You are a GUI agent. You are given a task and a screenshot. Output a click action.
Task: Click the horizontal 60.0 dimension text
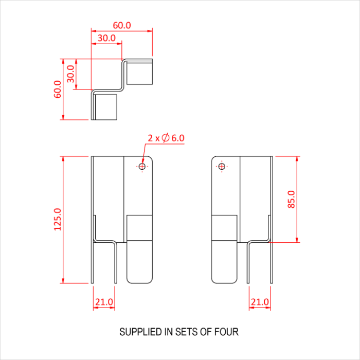(x=122, y=25)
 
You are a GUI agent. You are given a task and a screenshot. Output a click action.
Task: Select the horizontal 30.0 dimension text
(x=106, y=38)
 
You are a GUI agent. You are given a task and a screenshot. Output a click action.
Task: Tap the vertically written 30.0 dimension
(x=70, y=74)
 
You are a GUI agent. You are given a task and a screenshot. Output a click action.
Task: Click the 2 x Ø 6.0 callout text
(x=166, y=138)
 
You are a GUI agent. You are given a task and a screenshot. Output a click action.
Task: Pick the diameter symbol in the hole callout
(x=165, y=138)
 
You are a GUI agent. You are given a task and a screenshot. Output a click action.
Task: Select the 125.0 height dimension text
(x=57, y=219)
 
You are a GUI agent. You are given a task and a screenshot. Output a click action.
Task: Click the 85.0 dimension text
(x=291, y=199)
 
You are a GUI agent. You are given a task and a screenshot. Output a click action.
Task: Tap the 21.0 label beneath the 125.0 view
(x=104, y=302)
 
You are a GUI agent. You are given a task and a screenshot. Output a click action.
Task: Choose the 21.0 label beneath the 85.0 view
(x=260, y=302)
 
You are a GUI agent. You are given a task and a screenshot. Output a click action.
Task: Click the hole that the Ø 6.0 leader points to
(x=142, y=166)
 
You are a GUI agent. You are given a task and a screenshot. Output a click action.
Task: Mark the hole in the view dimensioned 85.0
(x=222, y=166)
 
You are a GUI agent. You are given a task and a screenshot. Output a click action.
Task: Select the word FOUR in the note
(x=227, y=332)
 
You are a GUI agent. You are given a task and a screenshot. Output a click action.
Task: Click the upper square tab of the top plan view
(x=139, y=73)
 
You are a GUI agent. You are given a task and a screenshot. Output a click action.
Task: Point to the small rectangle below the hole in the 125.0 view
(x=139, y=227)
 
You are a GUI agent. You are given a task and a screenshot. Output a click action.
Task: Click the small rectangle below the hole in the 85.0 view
(x=225, y=227)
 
